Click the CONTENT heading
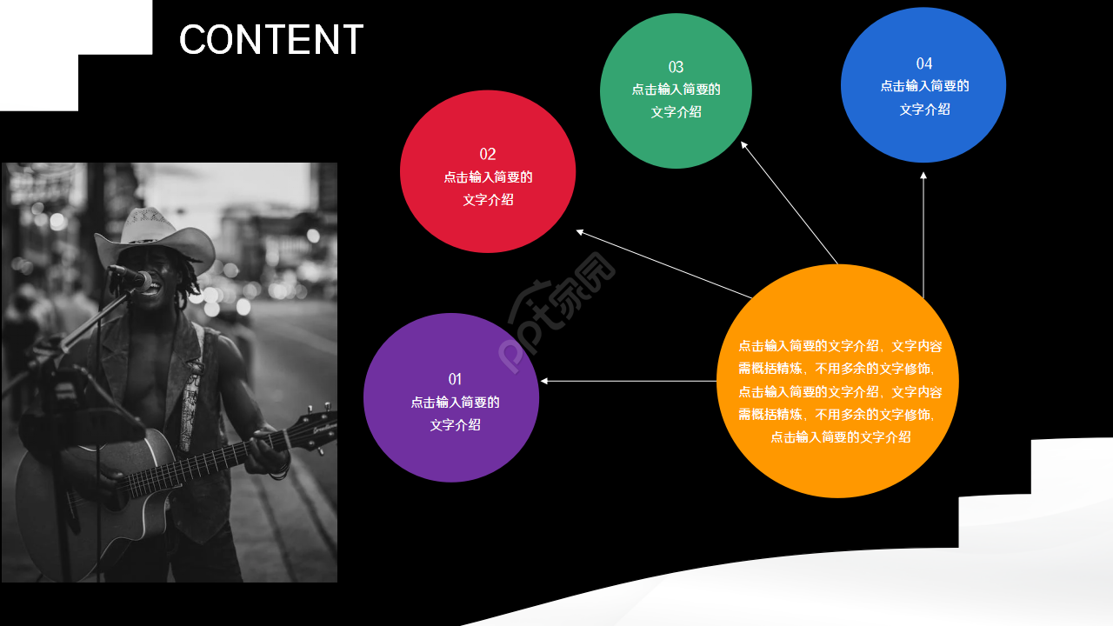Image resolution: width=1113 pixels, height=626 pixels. tap(270, 40)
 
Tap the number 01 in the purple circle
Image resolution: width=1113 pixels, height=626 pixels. tap(455, 379)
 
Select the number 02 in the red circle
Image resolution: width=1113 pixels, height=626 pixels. tap(488, 154)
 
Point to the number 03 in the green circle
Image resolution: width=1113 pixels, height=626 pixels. tap(676, 67)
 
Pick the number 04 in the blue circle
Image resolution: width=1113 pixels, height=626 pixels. tap(923, 63)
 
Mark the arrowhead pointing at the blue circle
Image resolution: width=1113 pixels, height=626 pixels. tap(923, 176)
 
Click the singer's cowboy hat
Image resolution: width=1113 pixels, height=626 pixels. tap(157, 235)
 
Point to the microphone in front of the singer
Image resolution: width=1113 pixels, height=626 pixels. tap(130, 277)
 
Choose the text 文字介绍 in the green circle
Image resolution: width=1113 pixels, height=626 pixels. tap(676, 111)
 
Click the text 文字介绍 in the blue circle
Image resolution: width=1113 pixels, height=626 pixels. tap(923, 109)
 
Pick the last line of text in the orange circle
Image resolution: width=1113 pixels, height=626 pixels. tap(840, 436)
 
